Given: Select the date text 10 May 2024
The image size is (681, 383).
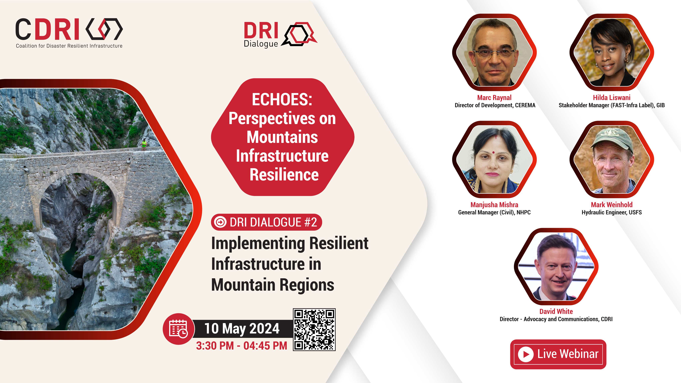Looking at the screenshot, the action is pyautogui.click(x=242, y=329).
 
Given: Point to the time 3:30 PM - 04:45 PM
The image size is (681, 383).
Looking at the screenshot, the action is pyautogui.click(x=241, y=346).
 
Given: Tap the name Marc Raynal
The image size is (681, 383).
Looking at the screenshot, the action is pyautogui.click(x=494, y=98).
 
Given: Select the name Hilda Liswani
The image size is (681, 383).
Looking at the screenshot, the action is pyautogui.click(x=612, y=98).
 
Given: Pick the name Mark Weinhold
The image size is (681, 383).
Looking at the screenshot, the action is pyautogui.click(x=612, y=205).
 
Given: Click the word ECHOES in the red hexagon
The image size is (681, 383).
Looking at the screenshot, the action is pyautogui.click(x=282, y=100).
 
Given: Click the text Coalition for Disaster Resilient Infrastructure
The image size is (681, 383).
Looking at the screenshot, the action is pyautogui.click(x=69, y=46).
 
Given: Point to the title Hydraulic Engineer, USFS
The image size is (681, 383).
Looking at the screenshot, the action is pyautogui.click(x=612, y=212).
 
